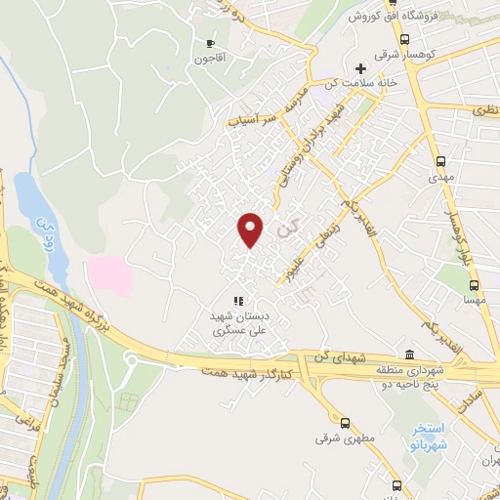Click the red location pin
click(x=252, y=229)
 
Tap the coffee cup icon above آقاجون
click(x=210, y=43)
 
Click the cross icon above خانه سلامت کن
click(x=361, y=69)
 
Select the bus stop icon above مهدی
click(x=441, y=162)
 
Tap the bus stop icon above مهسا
click(x=476, y=286)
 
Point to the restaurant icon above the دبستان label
click(x=237, y=301)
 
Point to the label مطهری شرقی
click(x=337, y=438)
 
